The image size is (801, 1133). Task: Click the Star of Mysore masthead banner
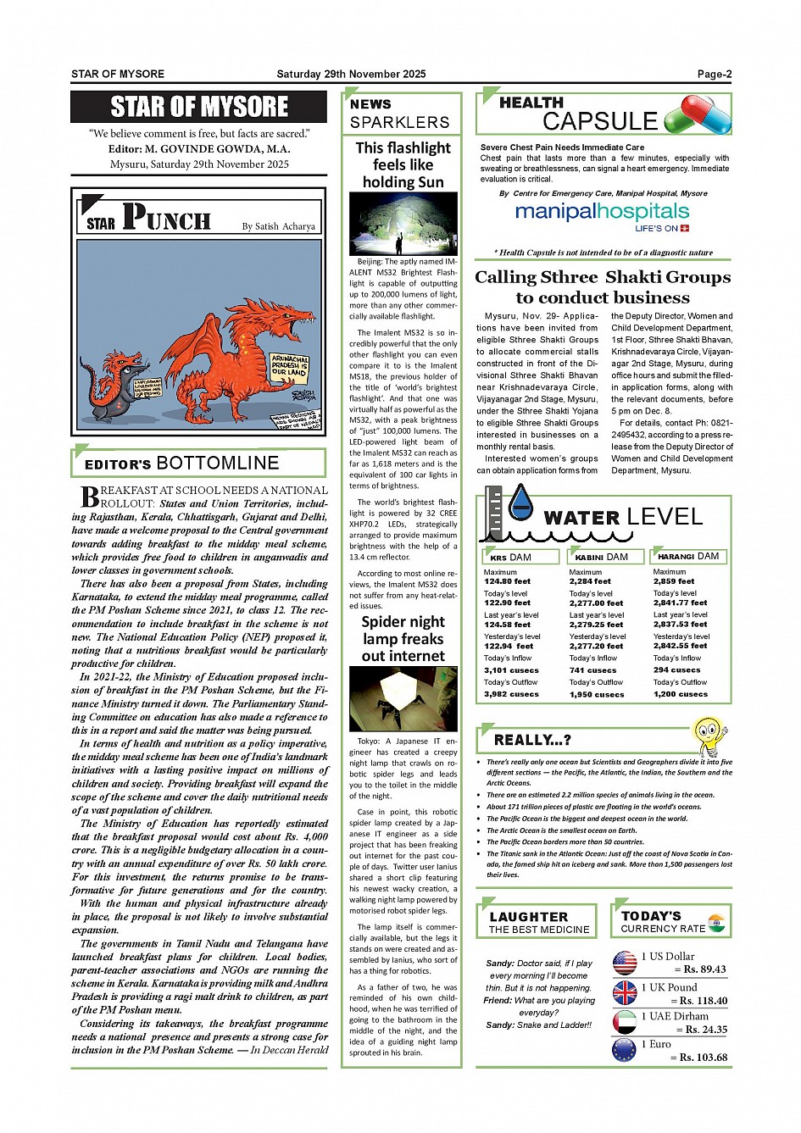click(x=198, y=107)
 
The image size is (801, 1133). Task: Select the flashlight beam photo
click(x=403, y=223)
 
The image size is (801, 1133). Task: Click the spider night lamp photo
click(x=403, y=698)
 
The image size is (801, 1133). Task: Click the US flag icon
click(x=625, y=963)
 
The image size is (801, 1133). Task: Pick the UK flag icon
click(x=625, y=992)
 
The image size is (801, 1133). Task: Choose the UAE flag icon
click(x=625, y=1022)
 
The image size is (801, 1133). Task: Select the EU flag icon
click(x=625, y=1051)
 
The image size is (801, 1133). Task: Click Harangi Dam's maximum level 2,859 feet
click(x=673, y=581)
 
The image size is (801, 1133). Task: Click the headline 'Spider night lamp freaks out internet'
click(x=403, y=639)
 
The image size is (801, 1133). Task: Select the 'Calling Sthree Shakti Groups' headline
click(x=602, y=287)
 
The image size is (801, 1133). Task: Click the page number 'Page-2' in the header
click(x=714, y=75)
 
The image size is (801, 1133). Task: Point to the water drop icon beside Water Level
click(x=520, y=503)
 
